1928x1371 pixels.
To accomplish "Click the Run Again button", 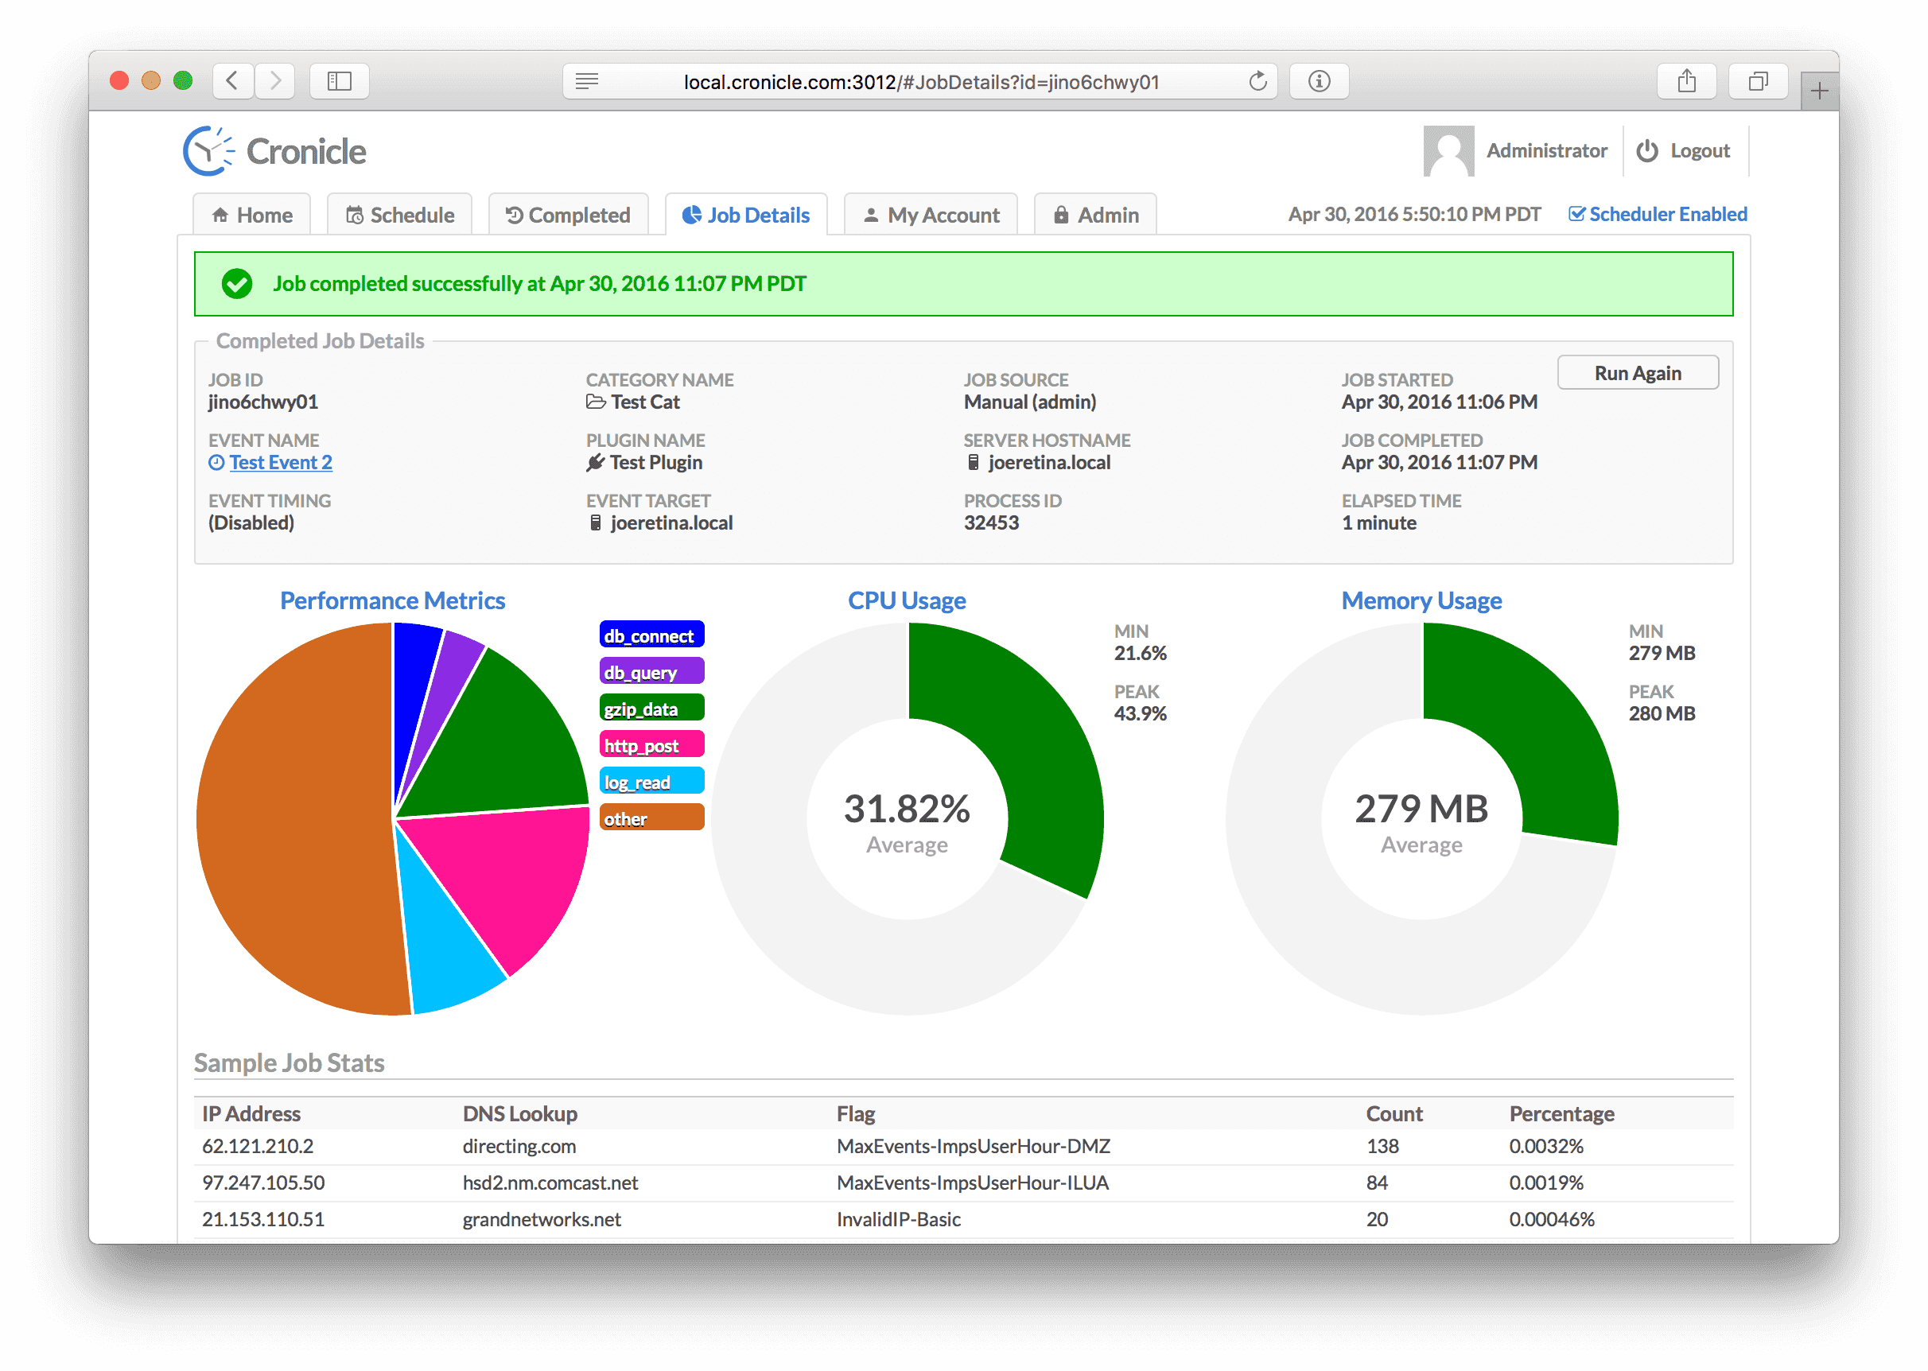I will pos(1637,373).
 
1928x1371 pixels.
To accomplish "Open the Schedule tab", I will pos(400,216).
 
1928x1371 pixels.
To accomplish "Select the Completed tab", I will pos(568,216).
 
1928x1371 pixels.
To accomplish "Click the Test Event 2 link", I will pos(280,463).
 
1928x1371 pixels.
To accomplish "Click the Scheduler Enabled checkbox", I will pos(1575,215).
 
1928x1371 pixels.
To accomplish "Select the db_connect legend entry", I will pos(651,635).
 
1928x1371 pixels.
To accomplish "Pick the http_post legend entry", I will pos(651,745).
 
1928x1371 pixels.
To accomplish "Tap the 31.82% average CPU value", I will pos(907,809).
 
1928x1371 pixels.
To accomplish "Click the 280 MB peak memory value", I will pos(1662,713).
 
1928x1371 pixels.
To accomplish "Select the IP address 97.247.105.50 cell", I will pos(263,1183).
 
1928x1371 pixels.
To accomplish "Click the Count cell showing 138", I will pos(1382,1147).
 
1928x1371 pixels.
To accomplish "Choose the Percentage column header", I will pos(1561,1113).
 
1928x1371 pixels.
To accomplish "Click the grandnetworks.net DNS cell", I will pos(541,1219).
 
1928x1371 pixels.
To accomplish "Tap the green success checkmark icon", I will pos(237,284).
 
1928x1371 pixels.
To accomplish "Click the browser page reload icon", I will pos(1257,82).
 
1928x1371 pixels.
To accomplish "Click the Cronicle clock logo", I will pos(208,152).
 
